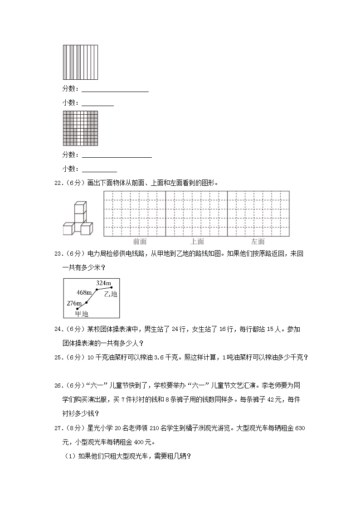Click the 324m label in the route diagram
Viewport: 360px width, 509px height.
coord(103,283)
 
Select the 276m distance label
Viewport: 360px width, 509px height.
coord(74,302)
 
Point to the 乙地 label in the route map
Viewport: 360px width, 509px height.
coord(111,294)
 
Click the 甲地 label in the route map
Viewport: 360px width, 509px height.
coord(82,314)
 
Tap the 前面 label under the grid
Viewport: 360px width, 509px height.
coord(140,242)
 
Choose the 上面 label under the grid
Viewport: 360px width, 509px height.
coord(197,242)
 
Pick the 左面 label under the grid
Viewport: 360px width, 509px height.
coord(258,242)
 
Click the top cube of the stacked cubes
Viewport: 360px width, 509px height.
coord(80,207)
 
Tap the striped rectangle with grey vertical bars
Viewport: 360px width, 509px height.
coord(80,62)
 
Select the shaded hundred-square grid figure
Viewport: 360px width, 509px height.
coord(80,128)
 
